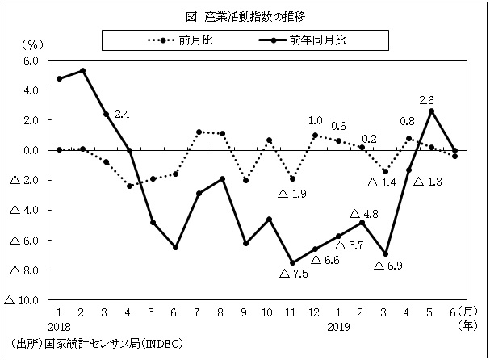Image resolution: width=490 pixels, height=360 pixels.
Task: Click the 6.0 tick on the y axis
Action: click(x=30, y=61)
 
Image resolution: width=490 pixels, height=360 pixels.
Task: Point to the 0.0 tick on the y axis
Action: click(x=30, y=150)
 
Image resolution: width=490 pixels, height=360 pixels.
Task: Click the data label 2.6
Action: click(x=427, y=100)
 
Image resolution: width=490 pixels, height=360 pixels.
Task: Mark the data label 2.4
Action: click(x=123, y=115)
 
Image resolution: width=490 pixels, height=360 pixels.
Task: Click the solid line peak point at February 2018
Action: click(x=83, y=70)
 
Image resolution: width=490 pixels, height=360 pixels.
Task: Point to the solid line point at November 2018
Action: click(x=292, y=262)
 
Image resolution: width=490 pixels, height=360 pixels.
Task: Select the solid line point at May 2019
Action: click(x=432, y=111)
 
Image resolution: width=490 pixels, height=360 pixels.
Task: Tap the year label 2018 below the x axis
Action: click(x=60, y=326)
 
